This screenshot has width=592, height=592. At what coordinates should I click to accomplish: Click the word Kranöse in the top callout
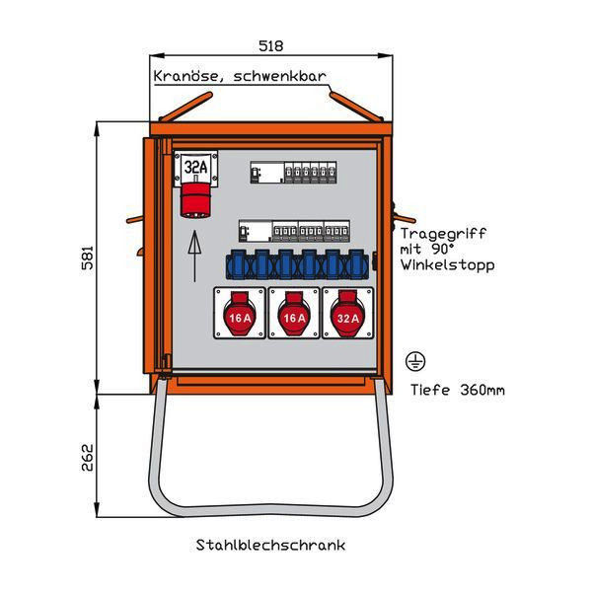(x=184, y=77)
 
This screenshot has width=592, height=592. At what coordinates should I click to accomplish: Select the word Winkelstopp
(x=447, y=265)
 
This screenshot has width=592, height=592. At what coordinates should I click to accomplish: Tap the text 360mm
(x=482, y=390)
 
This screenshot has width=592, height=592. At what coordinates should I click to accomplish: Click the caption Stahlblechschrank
(x=270, y=545)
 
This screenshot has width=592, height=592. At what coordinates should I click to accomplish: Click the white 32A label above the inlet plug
(x=195, y=168)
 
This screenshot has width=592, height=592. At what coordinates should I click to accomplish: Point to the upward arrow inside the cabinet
(x=194, y=255)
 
